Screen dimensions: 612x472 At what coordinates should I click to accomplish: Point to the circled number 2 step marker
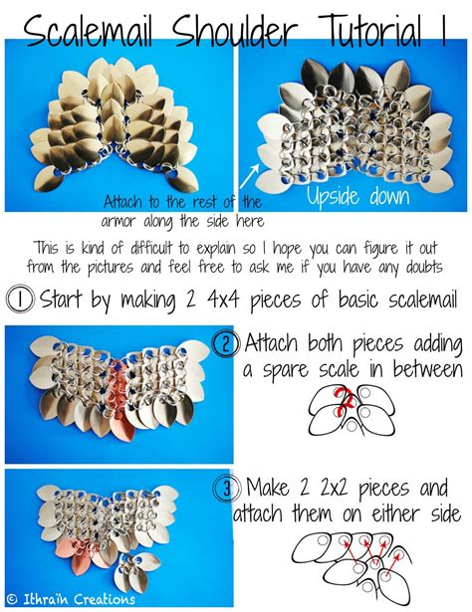(x=227, y=345)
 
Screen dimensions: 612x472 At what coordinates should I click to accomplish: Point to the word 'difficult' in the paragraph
(x=167, y=247)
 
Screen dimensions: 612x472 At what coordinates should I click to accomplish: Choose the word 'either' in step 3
(x=383, y=515)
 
